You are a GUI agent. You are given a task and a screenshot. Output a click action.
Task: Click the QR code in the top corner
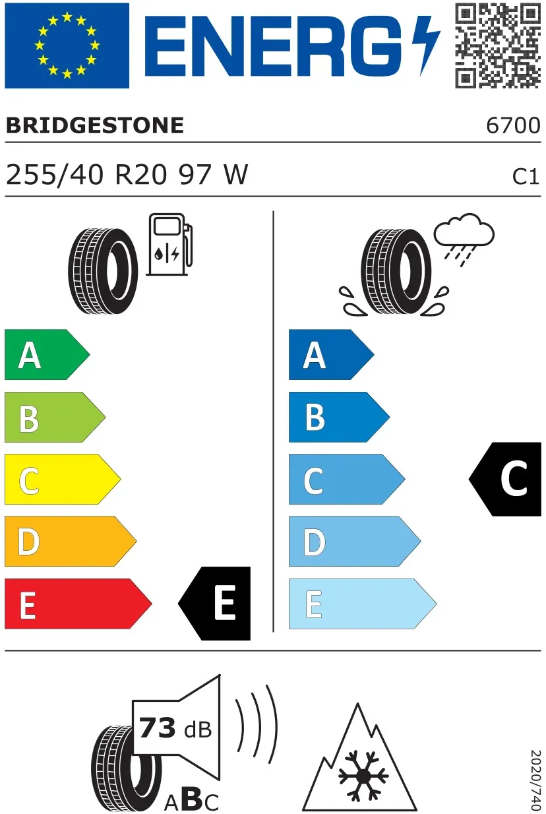tap(498, 46)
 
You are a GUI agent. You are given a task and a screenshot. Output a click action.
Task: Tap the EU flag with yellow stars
tap(67, 46)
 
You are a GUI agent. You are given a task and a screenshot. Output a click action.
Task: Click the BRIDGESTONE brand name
tap(95, 126)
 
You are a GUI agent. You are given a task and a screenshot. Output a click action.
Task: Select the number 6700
tap(513, 126)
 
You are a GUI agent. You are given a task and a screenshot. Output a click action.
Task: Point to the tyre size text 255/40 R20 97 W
tap(127, 175)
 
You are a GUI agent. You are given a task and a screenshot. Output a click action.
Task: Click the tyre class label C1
tap(526, 177)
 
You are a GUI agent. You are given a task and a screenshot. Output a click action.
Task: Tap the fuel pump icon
tap(169, 244)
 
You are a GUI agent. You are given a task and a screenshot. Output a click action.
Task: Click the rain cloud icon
tap(464, 239)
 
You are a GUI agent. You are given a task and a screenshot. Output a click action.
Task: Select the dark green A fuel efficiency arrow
tap(47, 355)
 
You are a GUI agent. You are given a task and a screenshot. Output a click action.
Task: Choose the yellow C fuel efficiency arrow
tap(63, 479)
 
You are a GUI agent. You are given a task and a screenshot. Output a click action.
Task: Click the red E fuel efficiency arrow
tap(78, 604)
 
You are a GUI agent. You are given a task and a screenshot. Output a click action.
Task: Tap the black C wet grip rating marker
tap(506, 479)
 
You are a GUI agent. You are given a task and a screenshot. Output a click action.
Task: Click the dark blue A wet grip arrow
tap(331, 355)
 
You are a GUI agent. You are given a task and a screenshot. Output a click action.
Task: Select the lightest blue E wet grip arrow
tap(363, 604)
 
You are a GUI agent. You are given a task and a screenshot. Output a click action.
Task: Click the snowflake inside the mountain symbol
tap(363, 776)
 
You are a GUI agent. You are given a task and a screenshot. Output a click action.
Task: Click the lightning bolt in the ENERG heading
tap(426, 46)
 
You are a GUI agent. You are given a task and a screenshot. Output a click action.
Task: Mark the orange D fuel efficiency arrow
tap(71, 541)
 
